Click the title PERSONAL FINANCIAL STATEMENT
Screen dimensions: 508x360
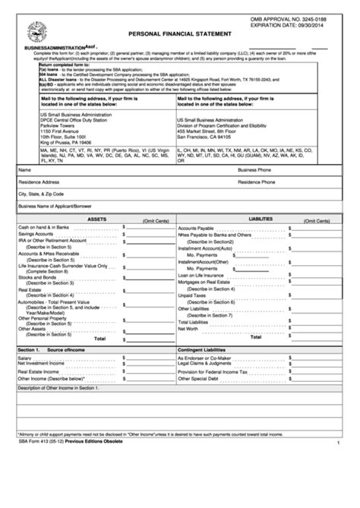pos(178,34)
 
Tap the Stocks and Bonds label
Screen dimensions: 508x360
pos(37,277)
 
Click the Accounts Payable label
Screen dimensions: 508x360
pos(196,227)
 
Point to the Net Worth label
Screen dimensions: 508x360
pos(188,329)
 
